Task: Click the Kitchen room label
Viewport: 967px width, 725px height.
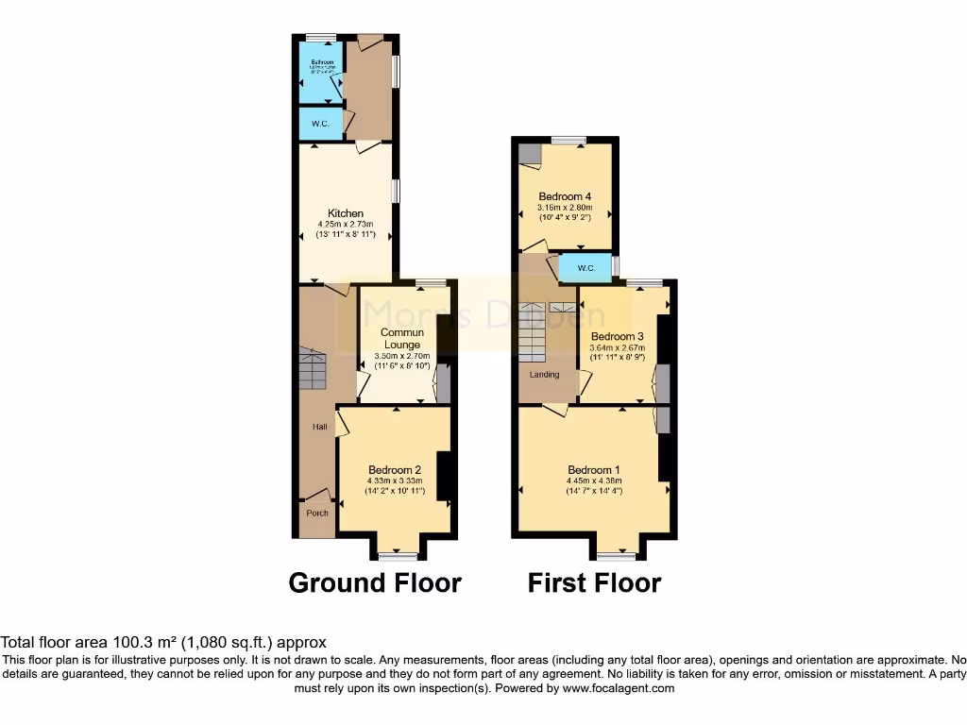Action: [346, 213]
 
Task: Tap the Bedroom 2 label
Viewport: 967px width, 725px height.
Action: [395, 470]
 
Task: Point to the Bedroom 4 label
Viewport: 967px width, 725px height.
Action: [565, 196]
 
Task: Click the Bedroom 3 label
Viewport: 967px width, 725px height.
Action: [618, 336]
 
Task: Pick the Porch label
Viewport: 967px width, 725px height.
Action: [317, 514]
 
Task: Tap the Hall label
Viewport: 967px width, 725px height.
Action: [320, 428]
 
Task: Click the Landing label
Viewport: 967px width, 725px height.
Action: [544, 375]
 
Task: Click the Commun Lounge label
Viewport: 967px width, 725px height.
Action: [402, 338]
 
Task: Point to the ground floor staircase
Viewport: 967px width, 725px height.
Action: [314, 368]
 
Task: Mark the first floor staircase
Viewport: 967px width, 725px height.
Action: [532, 332]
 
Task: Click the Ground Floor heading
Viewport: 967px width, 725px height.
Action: [375, 583]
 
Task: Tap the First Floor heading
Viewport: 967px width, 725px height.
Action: [594, 583]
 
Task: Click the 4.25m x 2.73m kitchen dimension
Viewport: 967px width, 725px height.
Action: [346, 225]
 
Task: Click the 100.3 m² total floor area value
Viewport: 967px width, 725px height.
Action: [145, 642]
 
